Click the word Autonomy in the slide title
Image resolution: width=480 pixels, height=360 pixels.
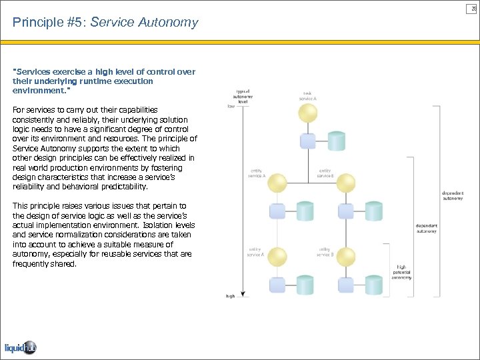tap(173, 23)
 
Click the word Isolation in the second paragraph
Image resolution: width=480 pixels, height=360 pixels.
tap(157, 225)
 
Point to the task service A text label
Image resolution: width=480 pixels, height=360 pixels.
tap(307, 97)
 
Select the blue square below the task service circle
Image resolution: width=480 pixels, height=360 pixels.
tap(307, 140)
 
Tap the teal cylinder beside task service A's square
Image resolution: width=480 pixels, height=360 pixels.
tap(337, 140)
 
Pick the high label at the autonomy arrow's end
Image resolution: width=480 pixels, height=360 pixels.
tap(231, 295)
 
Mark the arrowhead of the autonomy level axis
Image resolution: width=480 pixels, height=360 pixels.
tap(245, 293)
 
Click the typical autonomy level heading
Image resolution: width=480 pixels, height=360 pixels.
tap(243, 96)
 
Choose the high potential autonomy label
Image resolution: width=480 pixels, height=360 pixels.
tap(401, 272)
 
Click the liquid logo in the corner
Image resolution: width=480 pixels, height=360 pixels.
tap(20, 347)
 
